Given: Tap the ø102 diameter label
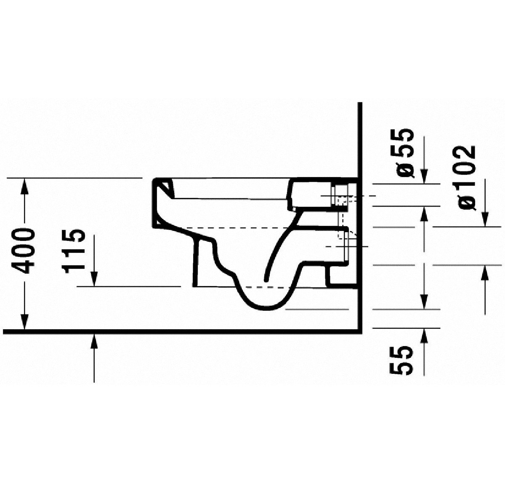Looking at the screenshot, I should click(467, 177).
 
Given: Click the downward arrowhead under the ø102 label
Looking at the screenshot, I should click(485, 219).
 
